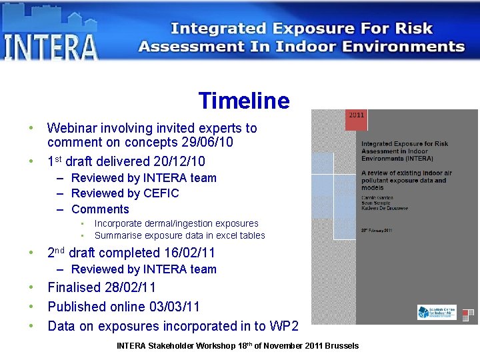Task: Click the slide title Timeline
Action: [x=243, y=101]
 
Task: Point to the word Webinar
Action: [x=75, y=128]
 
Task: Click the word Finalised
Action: [x=74, y=288]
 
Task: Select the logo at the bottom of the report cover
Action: [x=437, y=312]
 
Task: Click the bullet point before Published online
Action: [x=30, y=307]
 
